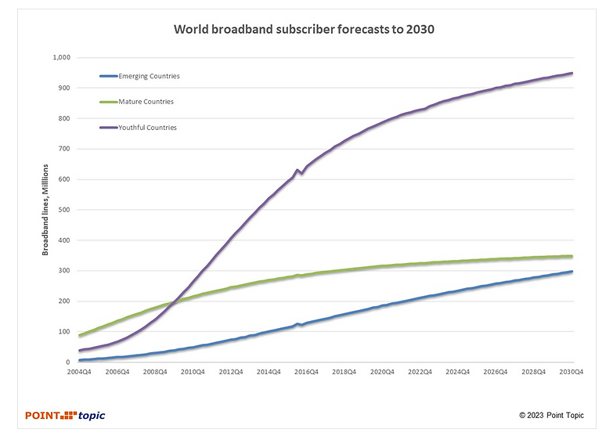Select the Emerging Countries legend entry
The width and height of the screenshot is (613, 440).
pyautogui.click(x=148, y=76)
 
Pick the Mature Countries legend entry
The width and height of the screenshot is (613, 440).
pyautogui.click(x=146, y=102)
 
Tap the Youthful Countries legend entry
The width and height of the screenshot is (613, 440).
pyautogui.click(x=147, y=128)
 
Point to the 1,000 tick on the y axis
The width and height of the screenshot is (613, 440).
pyautogui.click(x=61, y=58)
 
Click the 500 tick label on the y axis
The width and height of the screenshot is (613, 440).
pyautogui.click(x=65, y=210)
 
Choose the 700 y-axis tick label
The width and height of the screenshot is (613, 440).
pyautogui.click(x=65, y=149)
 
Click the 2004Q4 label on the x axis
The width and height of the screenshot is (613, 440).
pyautogui.click(x=80, y=373)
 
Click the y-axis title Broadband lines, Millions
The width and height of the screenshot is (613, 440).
pyautogui.click(x=45, y=210)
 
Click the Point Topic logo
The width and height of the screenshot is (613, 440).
pyautogui.click(x=65, y=415)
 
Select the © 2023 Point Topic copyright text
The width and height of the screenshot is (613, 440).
pyautogui.click(x=551, y=415)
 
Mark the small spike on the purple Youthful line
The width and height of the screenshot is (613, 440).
pyautogui.click(x=297, y=170)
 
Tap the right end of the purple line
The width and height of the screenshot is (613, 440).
pyautogui.click(x=572, y=74)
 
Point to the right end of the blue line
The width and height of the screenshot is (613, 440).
pyautogui.click(x=572, y=272)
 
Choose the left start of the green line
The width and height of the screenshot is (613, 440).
pyautogui.click(x=80, y=335)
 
